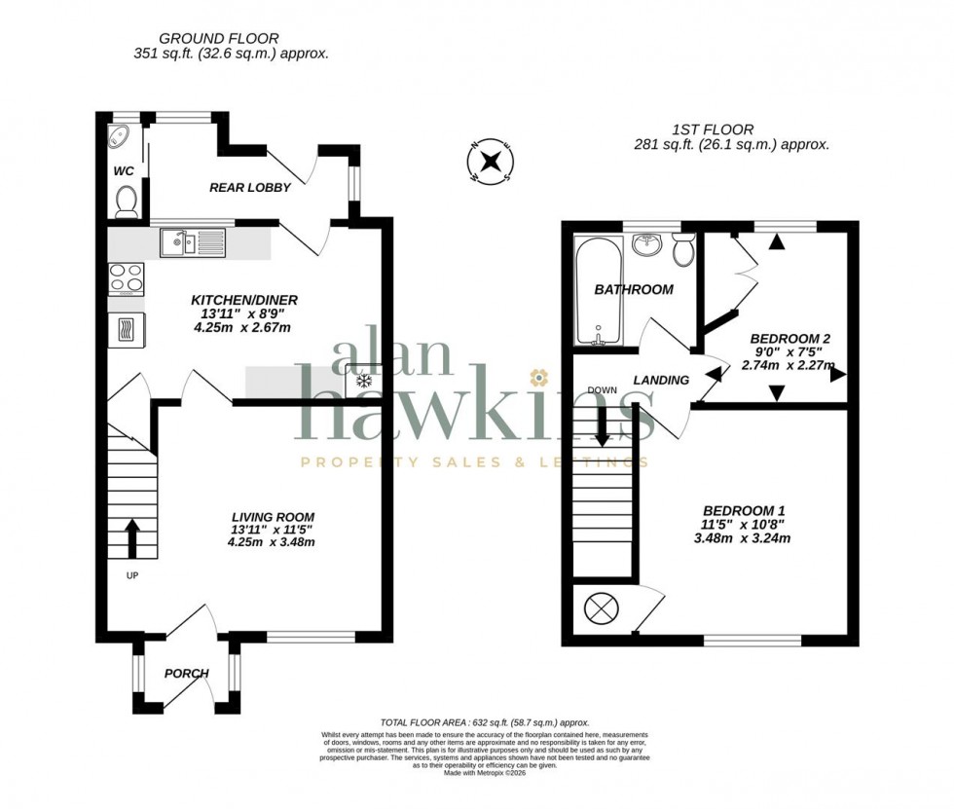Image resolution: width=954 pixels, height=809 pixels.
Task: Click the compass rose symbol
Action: click(493, 163)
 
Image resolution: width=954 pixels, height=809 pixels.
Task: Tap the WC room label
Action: click(124, 171)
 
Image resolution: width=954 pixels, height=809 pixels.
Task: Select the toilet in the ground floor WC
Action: click(126, 202)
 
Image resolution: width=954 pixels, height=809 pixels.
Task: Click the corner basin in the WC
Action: click(121, 136)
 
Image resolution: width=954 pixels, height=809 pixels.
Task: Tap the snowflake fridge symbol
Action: click(366, 380)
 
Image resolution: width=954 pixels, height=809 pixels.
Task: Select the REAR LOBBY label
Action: click(250, 187)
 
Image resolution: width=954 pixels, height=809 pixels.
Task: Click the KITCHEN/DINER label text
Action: click(243, 300)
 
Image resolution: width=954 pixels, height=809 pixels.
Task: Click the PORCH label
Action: click(185, 673)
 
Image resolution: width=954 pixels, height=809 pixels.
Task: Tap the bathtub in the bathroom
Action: click(593, 290)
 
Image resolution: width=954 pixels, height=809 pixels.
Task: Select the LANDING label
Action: click(661, 380)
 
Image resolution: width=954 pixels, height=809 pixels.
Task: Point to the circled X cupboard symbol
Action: click(598, 609)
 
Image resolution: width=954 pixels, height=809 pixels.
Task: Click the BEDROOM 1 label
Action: click(745, 510)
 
